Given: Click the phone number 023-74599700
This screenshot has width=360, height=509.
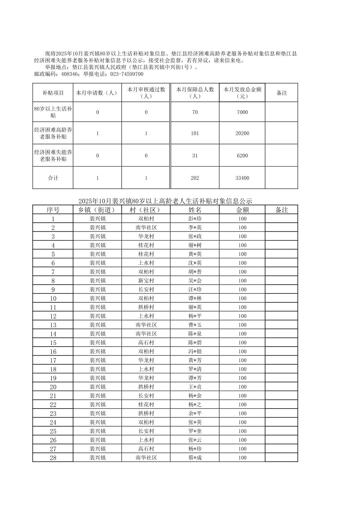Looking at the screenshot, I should (127, 74).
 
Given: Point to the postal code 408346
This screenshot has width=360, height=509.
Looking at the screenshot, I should (68, 74).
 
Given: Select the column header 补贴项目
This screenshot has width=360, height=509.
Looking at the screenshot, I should (53, 93).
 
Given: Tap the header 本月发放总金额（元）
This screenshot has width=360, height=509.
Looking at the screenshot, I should (242, 93).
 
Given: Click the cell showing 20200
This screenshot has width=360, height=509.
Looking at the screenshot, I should (242, 133).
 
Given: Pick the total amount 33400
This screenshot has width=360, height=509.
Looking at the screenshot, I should (242, 178).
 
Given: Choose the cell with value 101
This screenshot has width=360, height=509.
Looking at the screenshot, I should (195, 133).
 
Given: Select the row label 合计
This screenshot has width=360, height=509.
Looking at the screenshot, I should (53, 178).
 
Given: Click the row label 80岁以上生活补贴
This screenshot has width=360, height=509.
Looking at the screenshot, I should (53, 112).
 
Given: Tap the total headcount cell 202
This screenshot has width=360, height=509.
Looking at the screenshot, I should (195, 178).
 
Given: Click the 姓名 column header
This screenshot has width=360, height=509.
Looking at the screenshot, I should (195, 210).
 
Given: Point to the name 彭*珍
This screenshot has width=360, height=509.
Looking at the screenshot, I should (195, 219).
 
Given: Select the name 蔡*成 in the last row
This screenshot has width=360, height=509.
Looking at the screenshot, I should (195, 458).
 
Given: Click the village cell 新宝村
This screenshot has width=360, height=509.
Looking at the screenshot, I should (146, 281).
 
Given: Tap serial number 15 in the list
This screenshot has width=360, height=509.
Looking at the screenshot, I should (53, 343).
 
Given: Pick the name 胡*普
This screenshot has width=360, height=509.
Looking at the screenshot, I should (195, 272).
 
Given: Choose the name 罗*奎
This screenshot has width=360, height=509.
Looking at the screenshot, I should (195, 431).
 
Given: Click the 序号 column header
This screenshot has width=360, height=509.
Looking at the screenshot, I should (53, 210).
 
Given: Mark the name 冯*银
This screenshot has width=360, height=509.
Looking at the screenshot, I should (195, 352).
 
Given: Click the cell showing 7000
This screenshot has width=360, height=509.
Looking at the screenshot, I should (242, 112).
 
